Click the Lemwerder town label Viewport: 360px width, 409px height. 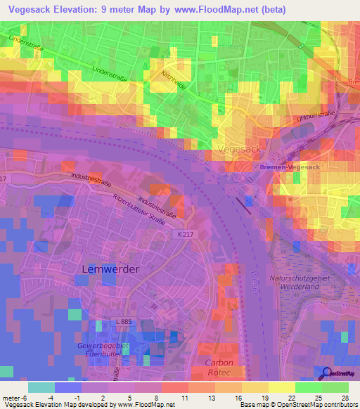click(x=110, y=269)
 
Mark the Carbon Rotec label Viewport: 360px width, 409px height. click(x=219, y=368)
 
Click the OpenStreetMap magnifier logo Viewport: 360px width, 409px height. click(x=326, y=374)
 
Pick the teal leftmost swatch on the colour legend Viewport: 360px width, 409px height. click(x=41, y=387)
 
